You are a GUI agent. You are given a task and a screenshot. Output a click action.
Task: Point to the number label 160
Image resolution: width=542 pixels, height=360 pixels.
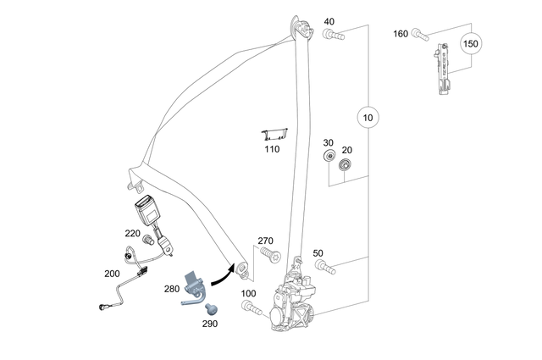tap(401, 34)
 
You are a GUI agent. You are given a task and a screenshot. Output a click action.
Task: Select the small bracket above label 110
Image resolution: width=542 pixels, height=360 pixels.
tap(274, 134)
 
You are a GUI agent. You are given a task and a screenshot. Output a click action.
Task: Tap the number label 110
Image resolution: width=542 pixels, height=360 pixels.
tap(270, 149)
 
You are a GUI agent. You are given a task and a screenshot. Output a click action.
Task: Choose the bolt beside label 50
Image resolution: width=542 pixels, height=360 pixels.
tap(324, 269)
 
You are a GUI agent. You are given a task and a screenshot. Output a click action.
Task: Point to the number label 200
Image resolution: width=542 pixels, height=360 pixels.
tap(111, 274)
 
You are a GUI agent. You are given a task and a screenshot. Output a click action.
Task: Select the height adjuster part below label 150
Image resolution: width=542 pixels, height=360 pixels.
tap(443, 72)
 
